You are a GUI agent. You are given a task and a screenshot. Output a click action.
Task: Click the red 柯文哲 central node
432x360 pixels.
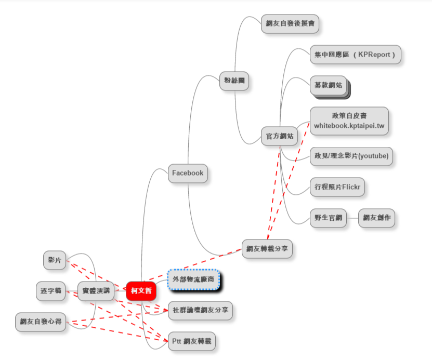pos(141,290)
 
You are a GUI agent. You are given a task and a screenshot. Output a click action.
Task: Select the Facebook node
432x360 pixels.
pos(188,173)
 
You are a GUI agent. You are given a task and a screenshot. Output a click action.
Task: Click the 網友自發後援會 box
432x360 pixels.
pos(290,23)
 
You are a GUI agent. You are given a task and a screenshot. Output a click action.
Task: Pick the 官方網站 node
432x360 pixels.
pos(279,136)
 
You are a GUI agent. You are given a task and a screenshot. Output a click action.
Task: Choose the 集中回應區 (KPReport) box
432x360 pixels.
pos(356,55)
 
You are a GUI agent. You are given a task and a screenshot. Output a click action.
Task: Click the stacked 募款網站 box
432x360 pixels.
pos(329,86)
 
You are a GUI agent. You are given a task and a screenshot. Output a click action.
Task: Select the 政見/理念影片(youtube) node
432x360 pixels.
pos(351,155)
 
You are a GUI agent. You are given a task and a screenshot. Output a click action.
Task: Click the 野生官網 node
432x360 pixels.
pos(328,218)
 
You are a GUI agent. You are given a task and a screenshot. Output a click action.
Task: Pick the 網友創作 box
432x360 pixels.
pos(376,218)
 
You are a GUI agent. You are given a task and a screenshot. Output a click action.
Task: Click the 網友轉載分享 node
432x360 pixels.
pos(267,248)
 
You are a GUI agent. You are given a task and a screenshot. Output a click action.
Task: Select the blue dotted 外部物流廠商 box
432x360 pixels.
pos(193,280)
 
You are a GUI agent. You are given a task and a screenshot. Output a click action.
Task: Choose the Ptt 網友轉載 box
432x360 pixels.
pos(191,341)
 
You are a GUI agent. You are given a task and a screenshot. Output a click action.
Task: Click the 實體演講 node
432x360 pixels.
pos(96,291)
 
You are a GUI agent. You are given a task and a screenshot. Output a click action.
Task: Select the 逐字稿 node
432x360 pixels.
pos(51,291)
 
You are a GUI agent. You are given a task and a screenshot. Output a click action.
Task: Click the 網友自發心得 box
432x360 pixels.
pos(41,322)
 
